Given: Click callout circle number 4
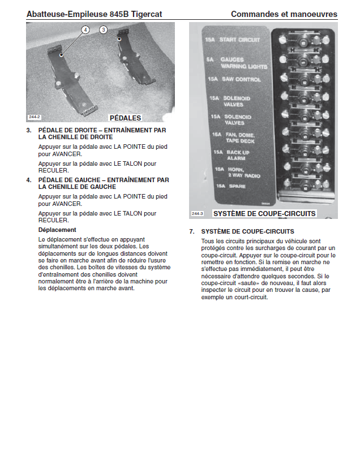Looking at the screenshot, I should [85, 29].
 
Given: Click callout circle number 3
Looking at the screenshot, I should [104, 29].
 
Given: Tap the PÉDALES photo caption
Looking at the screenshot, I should [125, 118].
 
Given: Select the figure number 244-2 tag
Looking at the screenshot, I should [35, 117].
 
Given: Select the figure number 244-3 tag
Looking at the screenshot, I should [197, 214].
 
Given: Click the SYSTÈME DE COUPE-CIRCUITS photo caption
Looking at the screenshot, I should [264, 214].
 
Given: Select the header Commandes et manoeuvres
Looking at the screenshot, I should [284, 14].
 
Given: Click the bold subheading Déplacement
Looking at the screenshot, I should [57, 230].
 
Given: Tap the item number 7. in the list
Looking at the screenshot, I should [192, 232].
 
